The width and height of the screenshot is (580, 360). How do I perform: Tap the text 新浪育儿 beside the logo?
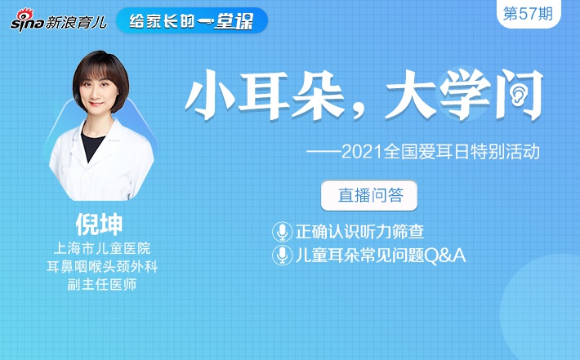[x=76, y=23]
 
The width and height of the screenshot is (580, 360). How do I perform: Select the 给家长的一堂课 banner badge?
[x=192, y=20]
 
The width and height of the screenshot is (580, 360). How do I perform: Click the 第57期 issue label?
[x=528, y=14]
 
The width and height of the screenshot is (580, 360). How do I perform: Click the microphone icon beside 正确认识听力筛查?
[x=282, y=232]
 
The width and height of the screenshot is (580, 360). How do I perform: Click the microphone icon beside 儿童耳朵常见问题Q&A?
[x=282, y=255]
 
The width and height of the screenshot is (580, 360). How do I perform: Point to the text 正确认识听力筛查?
[x=360, y=232]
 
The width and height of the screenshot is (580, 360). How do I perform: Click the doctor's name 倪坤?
[x=99, y=224]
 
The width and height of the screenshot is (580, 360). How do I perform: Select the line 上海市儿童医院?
[x=102, y=248]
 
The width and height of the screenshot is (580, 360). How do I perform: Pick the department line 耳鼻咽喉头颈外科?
[x=102, y=266]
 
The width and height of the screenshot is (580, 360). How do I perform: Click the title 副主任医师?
[x=102, y=285]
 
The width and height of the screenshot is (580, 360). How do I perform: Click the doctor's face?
[x=98, y=91]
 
